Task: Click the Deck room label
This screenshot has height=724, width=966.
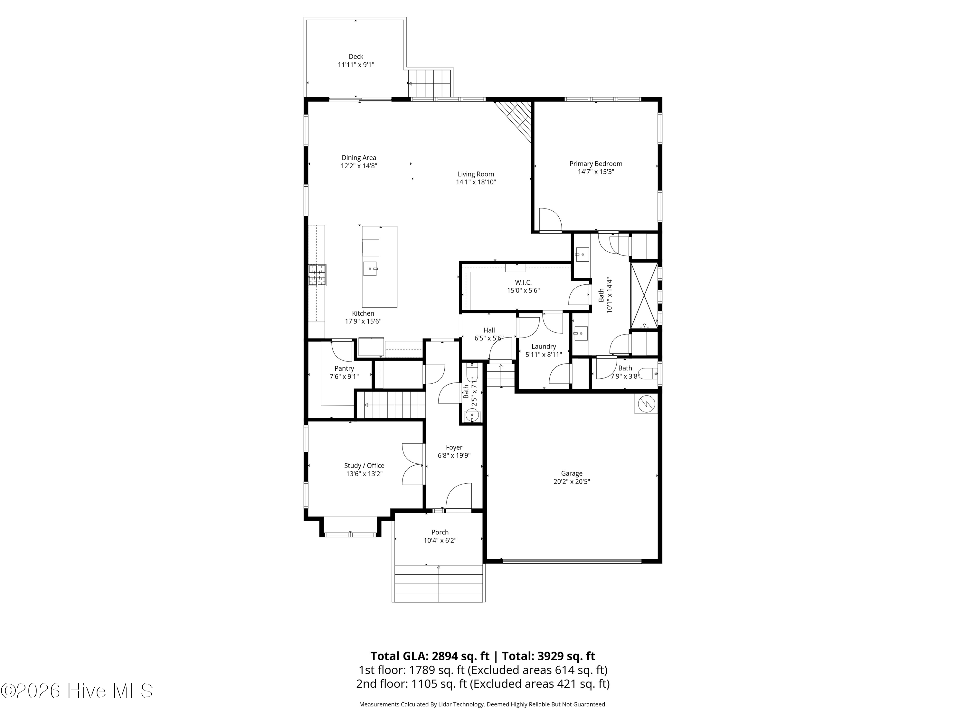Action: [x=356, y=56]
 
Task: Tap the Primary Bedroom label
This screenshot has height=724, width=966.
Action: [x=596, y=164]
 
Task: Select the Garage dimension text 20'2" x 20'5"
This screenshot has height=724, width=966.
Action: [x=572, y=481]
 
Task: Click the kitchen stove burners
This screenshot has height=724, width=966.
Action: [x=317, y=275]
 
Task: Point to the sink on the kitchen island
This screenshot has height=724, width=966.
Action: [x=370, y=268]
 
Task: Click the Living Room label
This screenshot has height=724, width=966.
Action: [x=476, y=174]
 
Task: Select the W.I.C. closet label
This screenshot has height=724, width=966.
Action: [x=523, y=282]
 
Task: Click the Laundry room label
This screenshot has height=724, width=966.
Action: [x=544, y=347]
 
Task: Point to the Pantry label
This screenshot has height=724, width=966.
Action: [x=344, y=368]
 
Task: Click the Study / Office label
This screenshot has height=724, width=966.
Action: [x=364, y=466]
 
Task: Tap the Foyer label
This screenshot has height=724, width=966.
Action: [x=454, y=447]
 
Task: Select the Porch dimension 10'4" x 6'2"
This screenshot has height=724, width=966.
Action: [x=440, y=540]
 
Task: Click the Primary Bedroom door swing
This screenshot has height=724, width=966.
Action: [x=550, y=219]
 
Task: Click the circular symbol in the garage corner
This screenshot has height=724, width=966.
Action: [x=646, y=404]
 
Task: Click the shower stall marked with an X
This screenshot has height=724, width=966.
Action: [x=644, y=295]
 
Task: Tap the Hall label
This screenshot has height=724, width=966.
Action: [x=489, y=330]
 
